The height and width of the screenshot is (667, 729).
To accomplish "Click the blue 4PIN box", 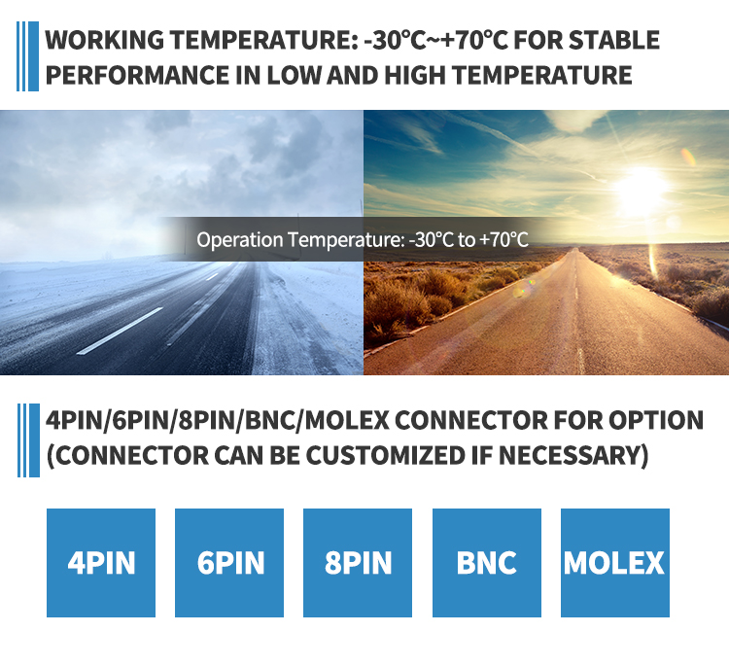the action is point(101,563).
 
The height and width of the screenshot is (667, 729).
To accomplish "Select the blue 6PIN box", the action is point(229,563).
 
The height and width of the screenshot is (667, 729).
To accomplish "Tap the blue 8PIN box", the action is point(358,563).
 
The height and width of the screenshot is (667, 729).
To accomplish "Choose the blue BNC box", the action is point(487,563).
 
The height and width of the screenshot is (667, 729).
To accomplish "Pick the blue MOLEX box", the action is point(615,563).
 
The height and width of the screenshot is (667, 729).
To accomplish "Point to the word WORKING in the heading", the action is point(104,40).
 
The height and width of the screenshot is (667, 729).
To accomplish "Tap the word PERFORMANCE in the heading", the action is point(137,75).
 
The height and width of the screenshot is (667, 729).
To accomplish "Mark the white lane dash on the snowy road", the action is point(120,331).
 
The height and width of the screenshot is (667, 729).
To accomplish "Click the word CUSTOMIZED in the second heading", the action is point(385,455).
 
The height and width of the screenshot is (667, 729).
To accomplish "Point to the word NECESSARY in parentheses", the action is point(573,455).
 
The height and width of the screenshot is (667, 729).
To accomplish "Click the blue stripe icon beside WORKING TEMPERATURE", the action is point(27,56).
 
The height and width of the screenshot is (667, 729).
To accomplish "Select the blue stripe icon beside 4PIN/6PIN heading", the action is point(28,440).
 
